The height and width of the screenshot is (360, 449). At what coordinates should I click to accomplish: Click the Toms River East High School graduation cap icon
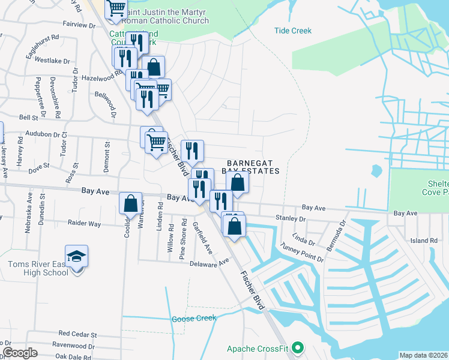tap(77, 257)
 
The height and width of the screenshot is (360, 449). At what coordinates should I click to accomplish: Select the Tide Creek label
tap(293, 31)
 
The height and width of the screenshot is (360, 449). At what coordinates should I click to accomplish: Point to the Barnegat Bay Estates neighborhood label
tap(253, 167)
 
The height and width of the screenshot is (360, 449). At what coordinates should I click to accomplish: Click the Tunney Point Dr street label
tap(303, 252)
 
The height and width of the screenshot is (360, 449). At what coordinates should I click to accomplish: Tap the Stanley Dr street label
tap(291, 218)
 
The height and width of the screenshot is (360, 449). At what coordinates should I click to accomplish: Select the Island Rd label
tap(424, 241)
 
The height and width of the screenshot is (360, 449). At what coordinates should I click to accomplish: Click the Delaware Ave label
tap(209, 263)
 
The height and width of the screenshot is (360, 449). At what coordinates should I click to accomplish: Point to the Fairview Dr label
tap(79, 26)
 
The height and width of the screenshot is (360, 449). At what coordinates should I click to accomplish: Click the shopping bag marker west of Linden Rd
tap(130, 204)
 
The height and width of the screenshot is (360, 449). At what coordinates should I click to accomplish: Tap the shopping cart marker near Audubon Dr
tap(156, 143)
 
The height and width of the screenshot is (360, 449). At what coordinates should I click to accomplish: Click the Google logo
tap(20, 353)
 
